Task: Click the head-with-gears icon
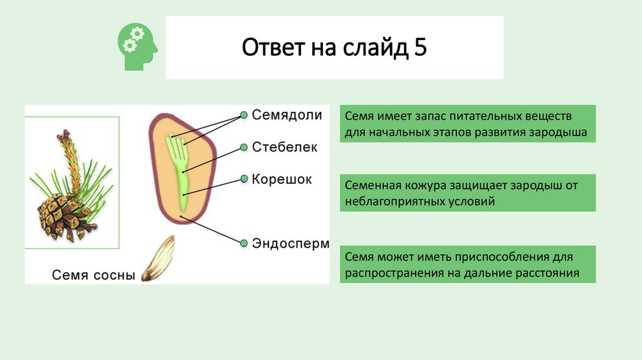[x=137, y=47]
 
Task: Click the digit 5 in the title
[x=420, y=48]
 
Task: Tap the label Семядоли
[x=287, y=115]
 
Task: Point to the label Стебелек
[x=285, y=147]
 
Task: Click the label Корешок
[x=282, y=179]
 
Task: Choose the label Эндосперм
[x=290, y=243]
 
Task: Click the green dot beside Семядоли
[x=243, y=115]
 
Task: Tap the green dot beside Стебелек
[x=243, y=147]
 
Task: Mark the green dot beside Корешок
[x=243, y=179]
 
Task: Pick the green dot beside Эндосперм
[x=243, y=242]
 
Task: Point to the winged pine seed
[x=158, y=258]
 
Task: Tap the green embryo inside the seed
[x=180, y=169]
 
